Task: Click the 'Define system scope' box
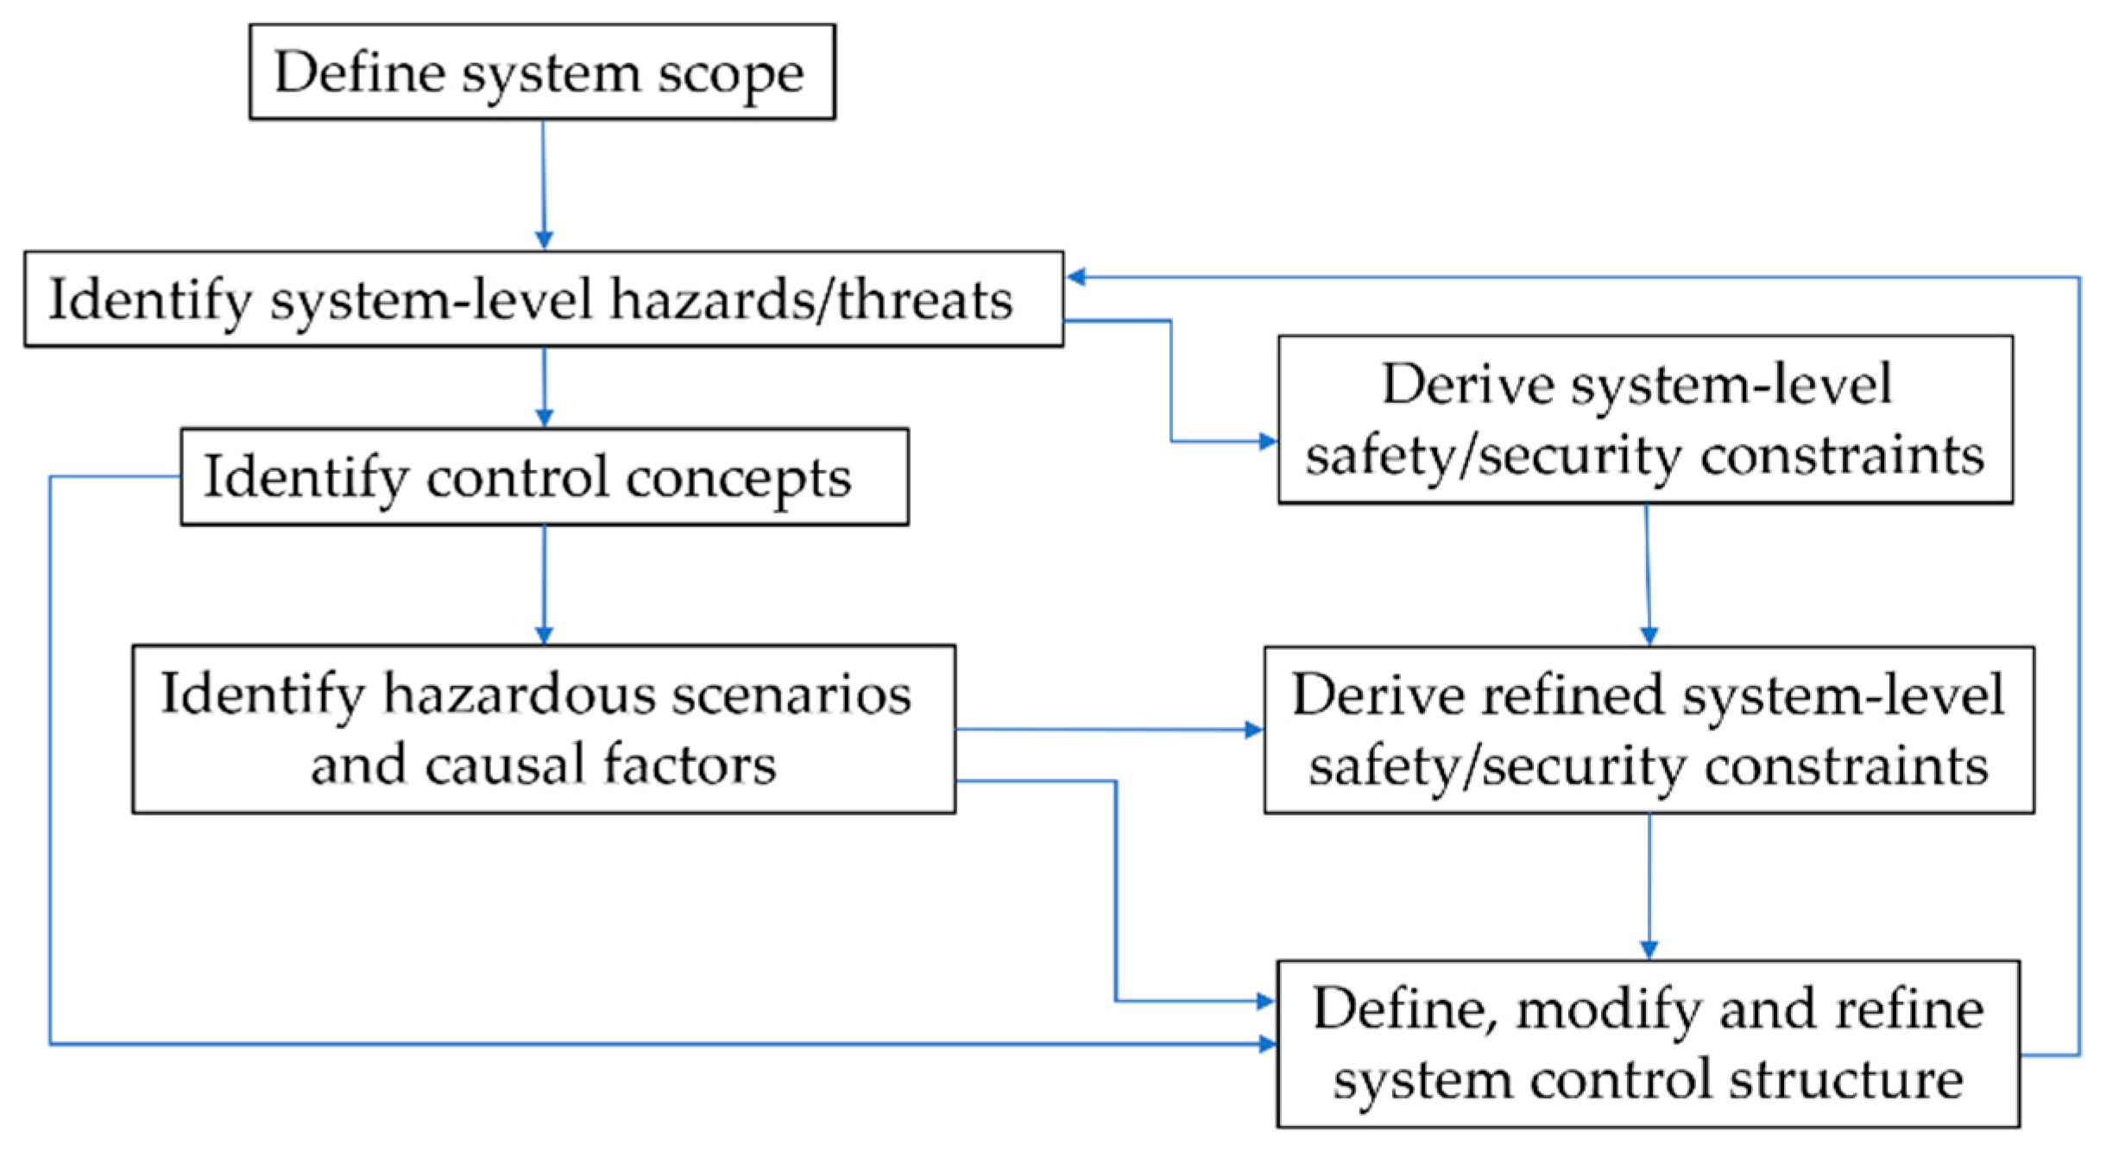[x=542, y=72]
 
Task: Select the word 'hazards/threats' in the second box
[x=811, y=299]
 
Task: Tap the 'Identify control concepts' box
[x=544, y=476]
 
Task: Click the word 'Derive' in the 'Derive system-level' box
[x=1467, y=384]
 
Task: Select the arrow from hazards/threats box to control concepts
[x=544, y=387]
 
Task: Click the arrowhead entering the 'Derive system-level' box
[x=1267, y=442]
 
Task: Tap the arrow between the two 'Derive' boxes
[x=1648, y=574]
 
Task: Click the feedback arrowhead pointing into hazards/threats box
[x=1075, y=277]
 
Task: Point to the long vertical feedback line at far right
[x=2079, y=664]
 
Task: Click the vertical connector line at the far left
[x=50, y=759]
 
